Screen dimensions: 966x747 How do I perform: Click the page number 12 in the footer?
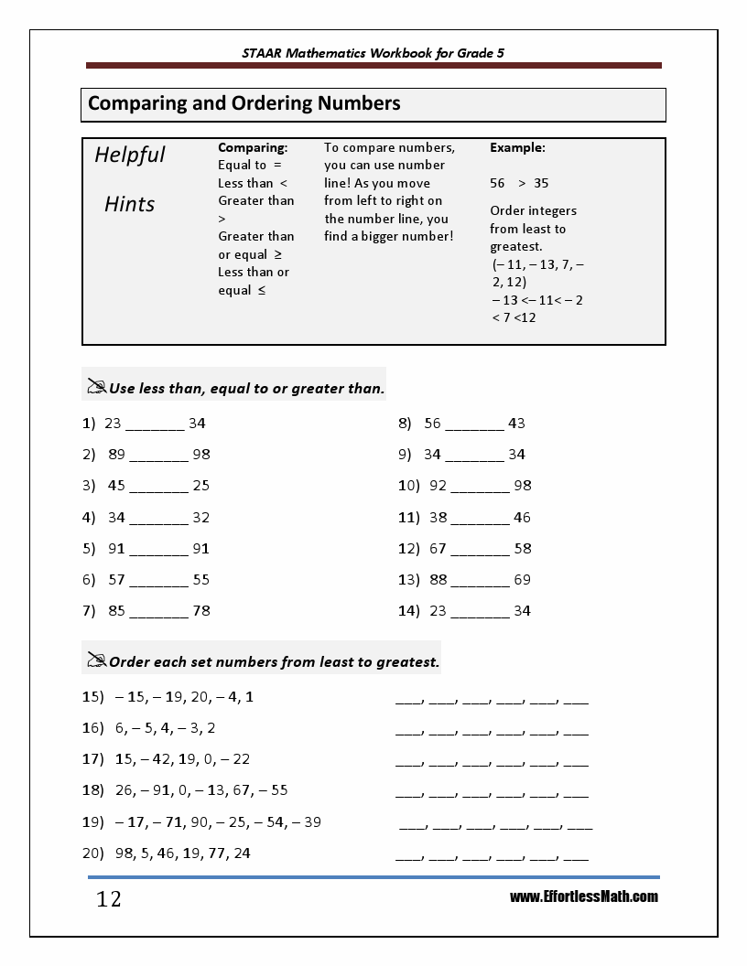[x=108, y=900]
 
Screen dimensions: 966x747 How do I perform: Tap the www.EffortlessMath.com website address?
[x=583, y=896]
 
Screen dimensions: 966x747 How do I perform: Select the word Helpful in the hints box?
[x=130, y=155]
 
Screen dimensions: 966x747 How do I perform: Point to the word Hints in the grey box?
[x=129, y=204]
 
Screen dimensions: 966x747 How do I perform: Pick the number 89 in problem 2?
[x=116, y=455]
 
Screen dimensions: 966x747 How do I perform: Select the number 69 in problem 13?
[x=522, y=580]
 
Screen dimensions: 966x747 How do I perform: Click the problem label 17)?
[x=92, y=759]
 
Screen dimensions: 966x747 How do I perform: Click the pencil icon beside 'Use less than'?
[x=96, y=387]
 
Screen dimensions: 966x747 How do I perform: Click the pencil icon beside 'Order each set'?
[x=96, y=660]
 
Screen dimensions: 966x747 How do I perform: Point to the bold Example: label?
[x=517, y=147]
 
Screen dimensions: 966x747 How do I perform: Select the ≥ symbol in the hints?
[x=278, y=254]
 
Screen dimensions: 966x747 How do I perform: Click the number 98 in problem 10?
[x=522, y=486]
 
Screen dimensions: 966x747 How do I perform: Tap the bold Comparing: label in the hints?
[x=253, y=147]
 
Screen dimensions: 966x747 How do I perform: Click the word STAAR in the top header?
[x=262, y=53]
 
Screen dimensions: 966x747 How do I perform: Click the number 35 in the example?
[x=541, y=183]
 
